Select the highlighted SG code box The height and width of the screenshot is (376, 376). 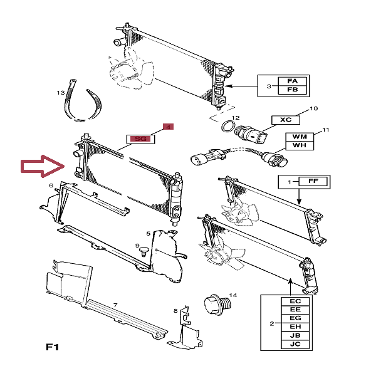point(140,138)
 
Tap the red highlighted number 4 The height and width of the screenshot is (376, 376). point(167,127)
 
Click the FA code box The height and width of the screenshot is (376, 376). point(292,81)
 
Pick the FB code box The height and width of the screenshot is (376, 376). point(292,90)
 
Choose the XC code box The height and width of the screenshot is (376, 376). point(286,119)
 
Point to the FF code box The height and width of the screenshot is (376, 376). point(313,182)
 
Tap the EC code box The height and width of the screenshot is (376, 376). point(295,301)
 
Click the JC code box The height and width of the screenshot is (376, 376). point(295,343)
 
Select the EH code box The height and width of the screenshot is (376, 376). point(295,326)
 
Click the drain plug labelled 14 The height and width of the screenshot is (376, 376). point(217,306)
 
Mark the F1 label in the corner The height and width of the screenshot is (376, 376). point(53,347)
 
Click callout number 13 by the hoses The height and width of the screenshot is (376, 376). point(61,93)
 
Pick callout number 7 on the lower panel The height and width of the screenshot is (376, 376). point(115,305)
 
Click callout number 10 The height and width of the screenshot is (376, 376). point(314,108)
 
